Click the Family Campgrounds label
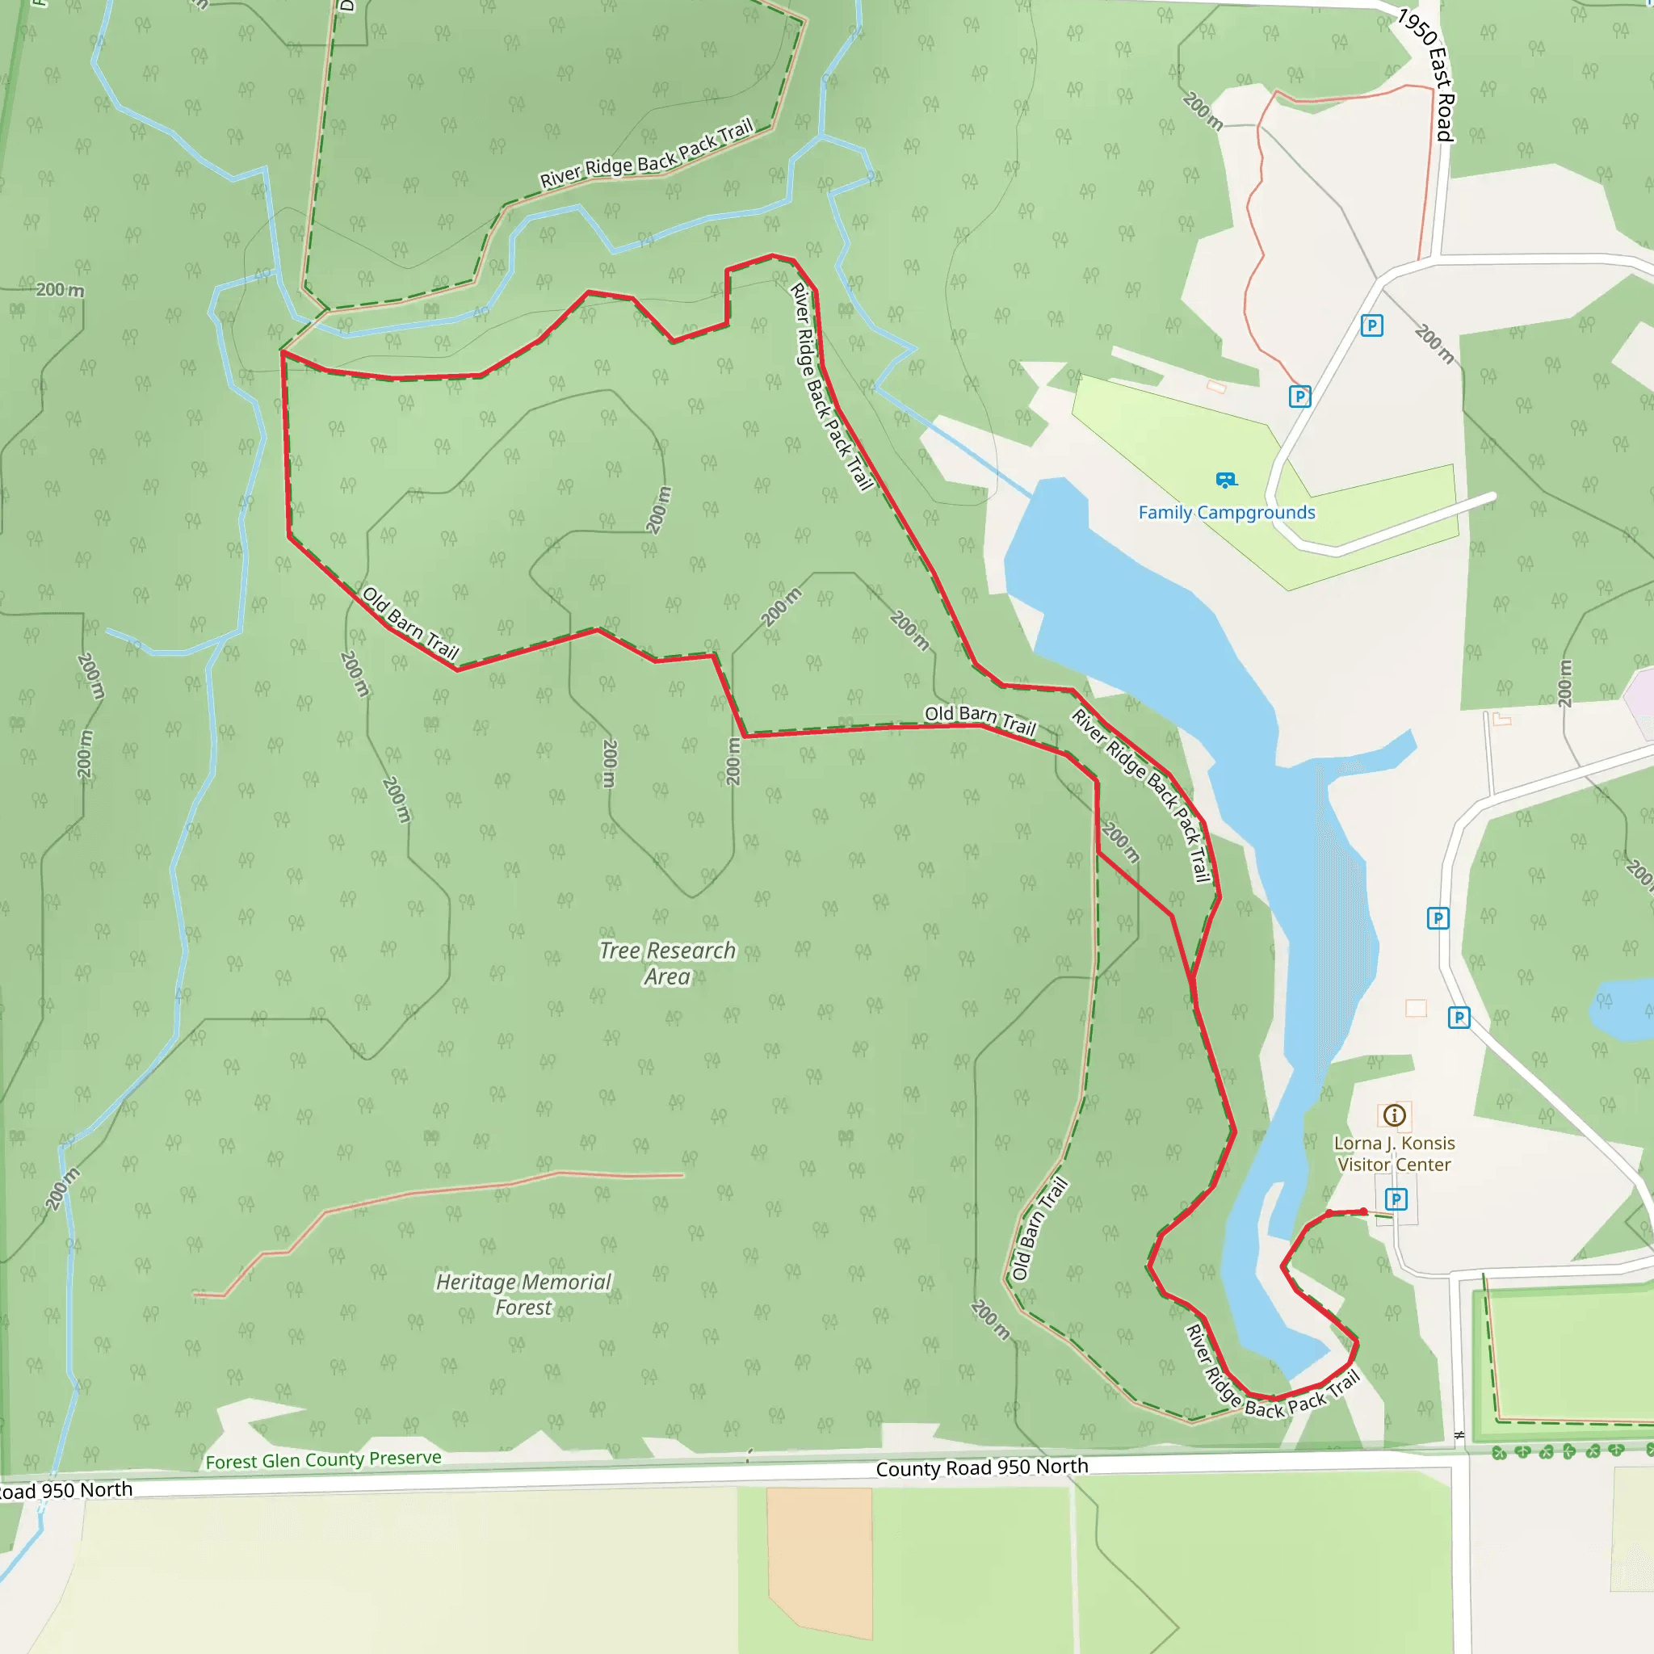pyautogui.click(x=1226, y=512)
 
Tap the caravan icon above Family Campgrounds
pyautogui.click(x=1226, y=480)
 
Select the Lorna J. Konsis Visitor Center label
pyautogui.click(x=1394, y=1153)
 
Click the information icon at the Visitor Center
pyautogui.click(x=1395, y=1115)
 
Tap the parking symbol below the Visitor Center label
pyautogui.click(x=1396, y=1199)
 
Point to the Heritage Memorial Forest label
pyautogui.click(x=523, y=1294)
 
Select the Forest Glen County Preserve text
pyautogui.click(x=324, y=1459)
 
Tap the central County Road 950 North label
pyautogui.click(x=982, y=1467)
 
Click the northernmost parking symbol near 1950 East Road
pyautogui.click(x=1371, y=325)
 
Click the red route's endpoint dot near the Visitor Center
pyautogui.click(x=1364, y=1211)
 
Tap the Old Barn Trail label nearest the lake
pyautogui.click(x=980, y=719)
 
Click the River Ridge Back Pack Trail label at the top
pyautogui.click(x=646, y=154)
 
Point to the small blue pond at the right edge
pyautogui.click(x=1618, y=1010)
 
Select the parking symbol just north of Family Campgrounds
pyautogui.click(x=1299, y=397)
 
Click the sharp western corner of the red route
pyautogui.click(x=283, y=352)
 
